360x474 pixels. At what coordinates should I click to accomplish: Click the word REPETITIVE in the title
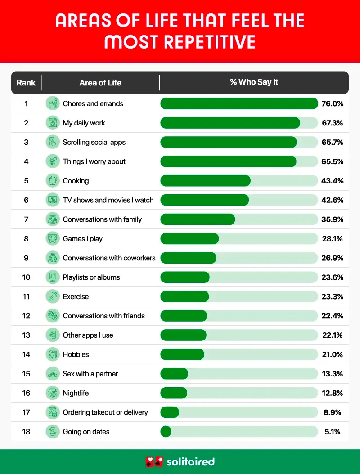click(x=210, y=42)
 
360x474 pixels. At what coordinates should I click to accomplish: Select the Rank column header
click(x=26, y=83)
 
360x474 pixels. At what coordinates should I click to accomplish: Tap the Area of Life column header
click(x=100, y=83)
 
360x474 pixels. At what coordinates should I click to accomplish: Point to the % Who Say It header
click(x=254, y=82)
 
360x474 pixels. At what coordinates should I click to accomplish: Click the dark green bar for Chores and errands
click(x=239, y=103)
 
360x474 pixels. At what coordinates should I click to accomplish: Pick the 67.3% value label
click(x=333, y=123)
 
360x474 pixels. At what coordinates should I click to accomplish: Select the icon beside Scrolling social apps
click(x=53, y=142)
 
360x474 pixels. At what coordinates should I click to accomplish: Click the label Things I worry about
click(x=94, y=161)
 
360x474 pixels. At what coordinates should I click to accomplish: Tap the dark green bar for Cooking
click(x=205, y=181)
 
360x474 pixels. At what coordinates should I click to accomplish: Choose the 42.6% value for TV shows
click(x=333, y=200)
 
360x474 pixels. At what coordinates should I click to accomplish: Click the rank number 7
click(x=26, y=219)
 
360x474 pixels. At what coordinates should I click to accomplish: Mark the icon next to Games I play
click(x=53, y=239)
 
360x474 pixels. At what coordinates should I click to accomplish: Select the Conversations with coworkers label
click(x=109, y=258)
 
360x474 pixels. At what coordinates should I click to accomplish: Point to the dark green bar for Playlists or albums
click(x=185, y=277)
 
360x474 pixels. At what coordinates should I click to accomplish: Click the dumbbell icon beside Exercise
click(x=53, y=297)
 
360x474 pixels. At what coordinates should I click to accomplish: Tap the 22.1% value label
click(x=333, y=335)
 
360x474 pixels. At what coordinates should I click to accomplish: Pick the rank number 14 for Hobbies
click(x=26, y=355)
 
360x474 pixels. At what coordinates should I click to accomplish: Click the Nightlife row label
click(x=76, y=394)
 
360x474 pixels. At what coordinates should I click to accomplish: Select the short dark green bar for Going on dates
click(x=166, y=432)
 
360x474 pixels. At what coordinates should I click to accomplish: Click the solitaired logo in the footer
click(x=180, y=462)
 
